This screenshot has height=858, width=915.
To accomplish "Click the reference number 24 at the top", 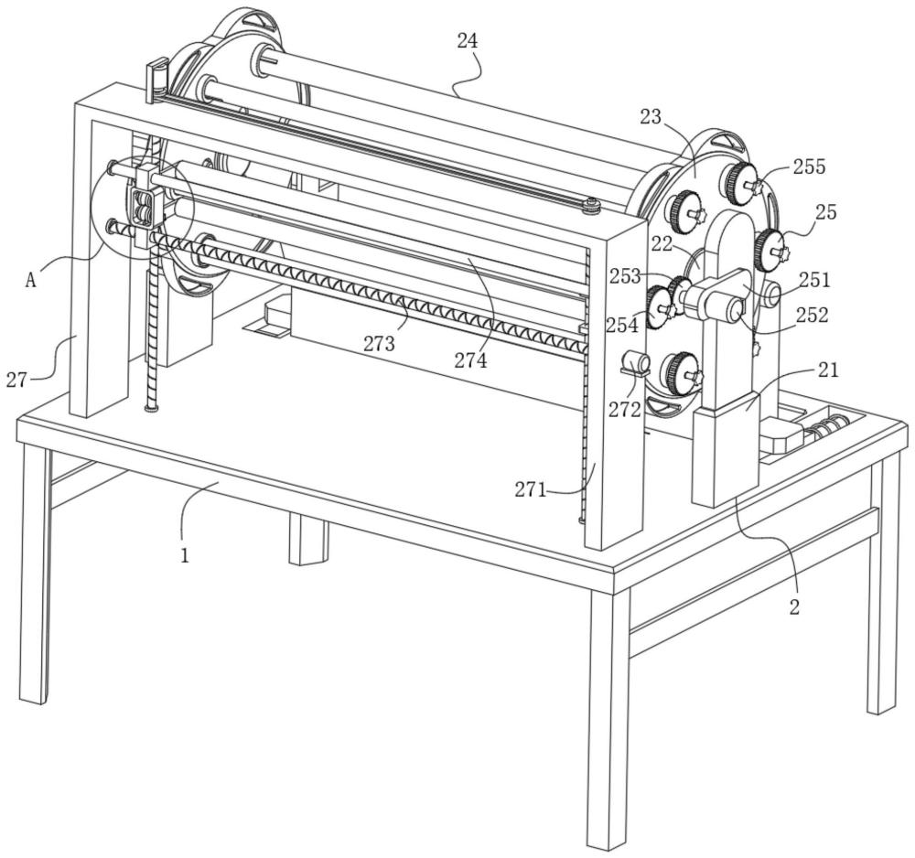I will (468, 41).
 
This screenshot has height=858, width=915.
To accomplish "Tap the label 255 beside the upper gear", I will (809, 166).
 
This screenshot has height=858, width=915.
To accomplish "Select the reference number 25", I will (825, 212).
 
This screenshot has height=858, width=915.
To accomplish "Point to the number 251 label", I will (813, 280).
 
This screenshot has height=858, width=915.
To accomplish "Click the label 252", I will (811, 315).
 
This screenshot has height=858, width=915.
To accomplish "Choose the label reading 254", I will (622, 325).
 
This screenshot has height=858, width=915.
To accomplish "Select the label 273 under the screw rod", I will (378, 344).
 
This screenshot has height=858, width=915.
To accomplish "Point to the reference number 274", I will (471, 360).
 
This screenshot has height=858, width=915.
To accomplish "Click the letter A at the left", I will (31, 281).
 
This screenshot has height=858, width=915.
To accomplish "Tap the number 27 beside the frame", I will (16, 380).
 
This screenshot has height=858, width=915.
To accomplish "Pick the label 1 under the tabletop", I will (185, 554).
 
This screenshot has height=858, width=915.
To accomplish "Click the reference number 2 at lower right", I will (794, 606).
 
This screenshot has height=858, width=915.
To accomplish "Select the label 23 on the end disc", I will (676, 116).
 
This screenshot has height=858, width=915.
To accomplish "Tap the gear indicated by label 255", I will (737, 182).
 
